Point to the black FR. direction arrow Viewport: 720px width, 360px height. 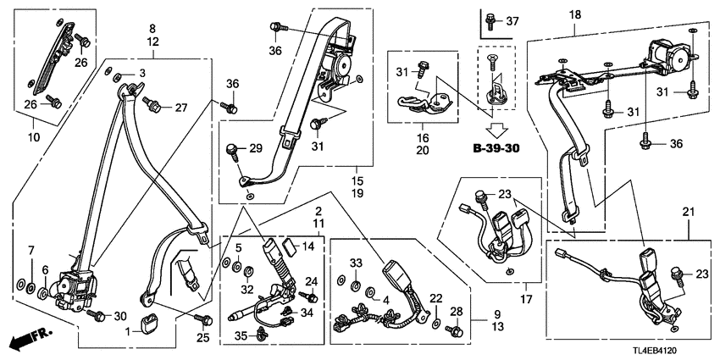pos(29,341)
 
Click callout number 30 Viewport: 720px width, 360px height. pos(119,315)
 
